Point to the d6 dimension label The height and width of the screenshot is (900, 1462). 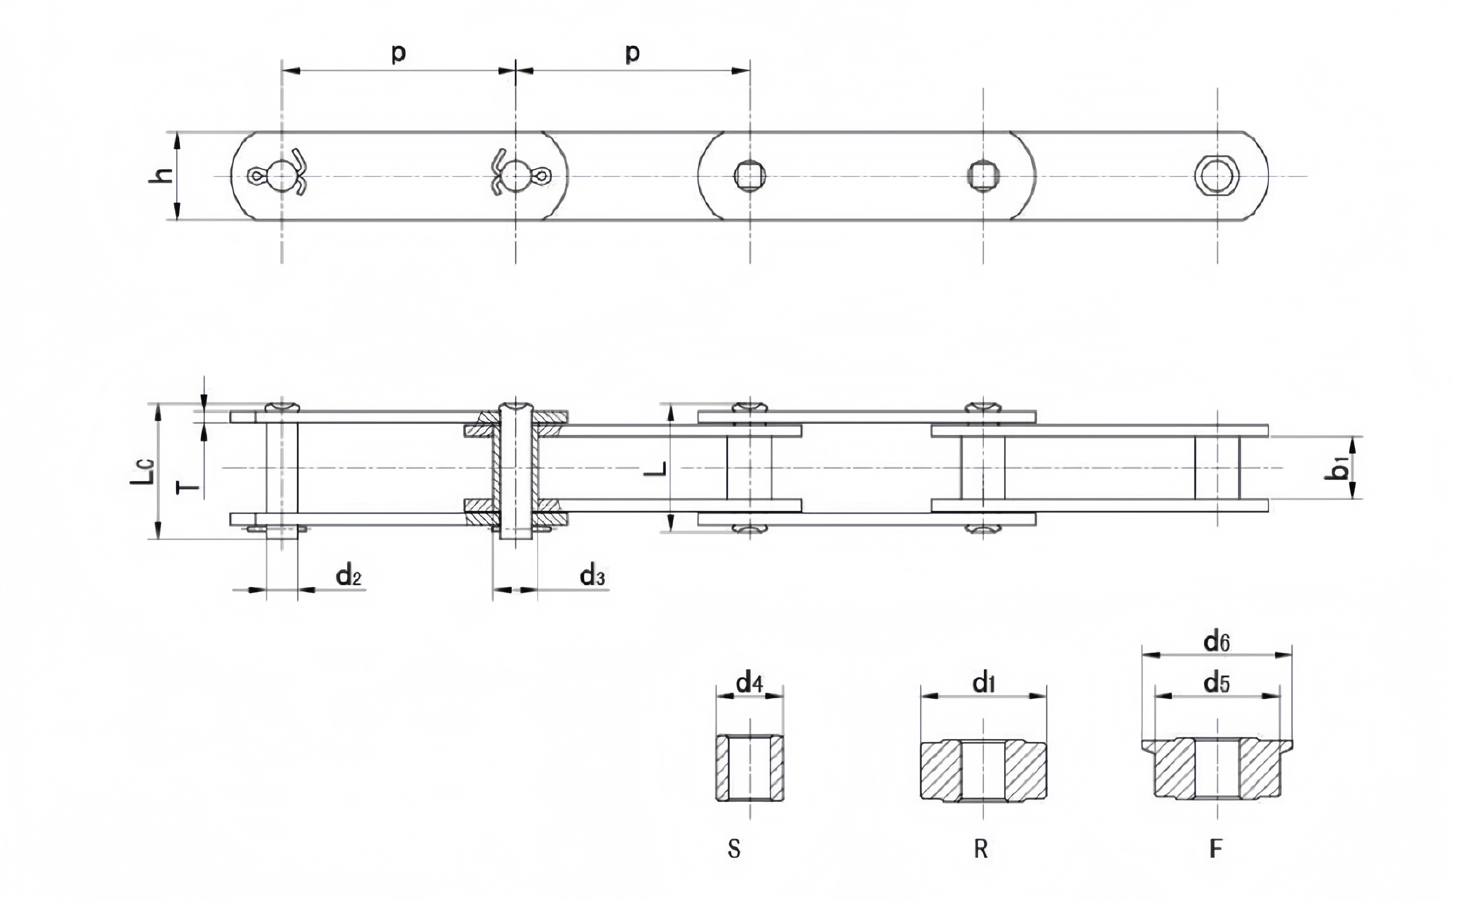[1217, 642]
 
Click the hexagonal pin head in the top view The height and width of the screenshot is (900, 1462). [1217, 176]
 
